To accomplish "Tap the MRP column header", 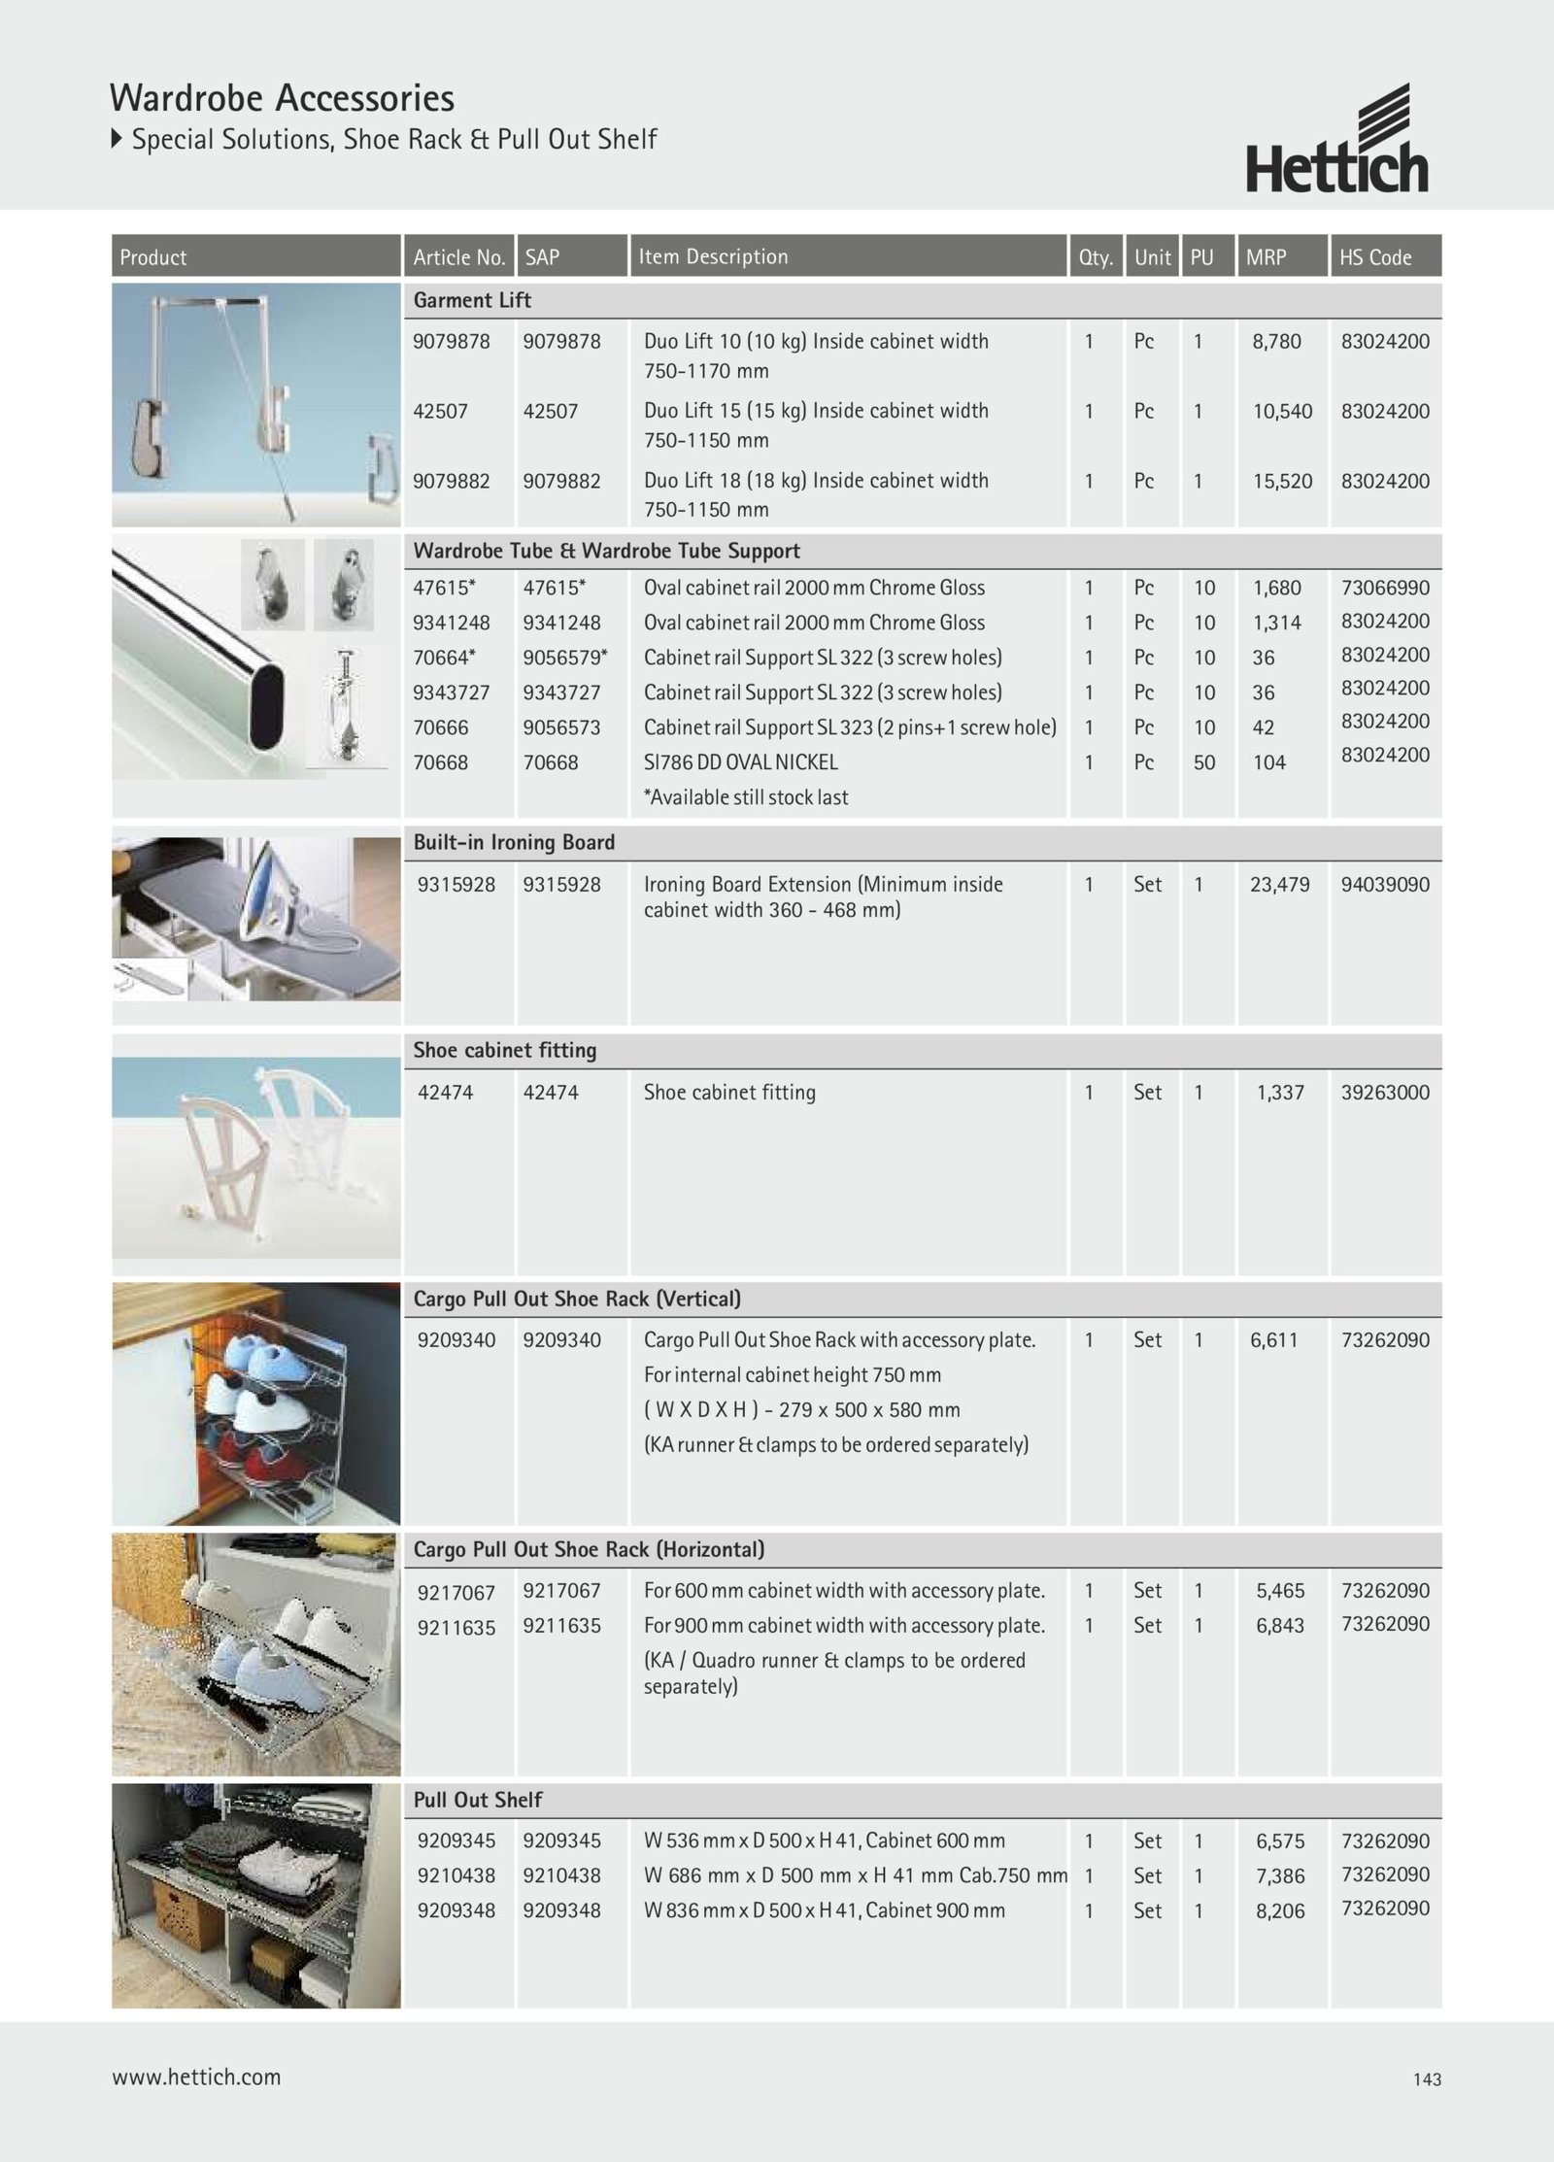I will click(1266, 257).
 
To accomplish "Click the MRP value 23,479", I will click(1279, 885).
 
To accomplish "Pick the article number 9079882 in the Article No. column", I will click(452, 481).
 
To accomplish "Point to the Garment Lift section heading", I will click(472, 300).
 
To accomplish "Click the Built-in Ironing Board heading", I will click(514, 842).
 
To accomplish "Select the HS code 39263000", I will click(1385, 1092).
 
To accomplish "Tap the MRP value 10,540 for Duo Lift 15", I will click(1282, 411).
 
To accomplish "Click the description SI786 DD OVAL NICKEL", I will click(740, 762).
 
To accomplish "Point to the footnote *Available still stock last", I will click(745, 797).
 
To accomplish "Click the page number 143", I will click(1427, 2079).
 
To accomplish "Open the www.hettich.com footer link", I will click(196, 2078).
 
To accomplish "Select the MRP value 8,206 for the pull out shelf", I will click(1280, 1910).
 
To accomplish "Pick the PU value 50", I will click(1204, 762).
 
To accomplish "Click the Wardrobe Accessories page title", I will click(282, 98).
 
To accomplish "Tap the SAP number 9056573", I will click(561, 727).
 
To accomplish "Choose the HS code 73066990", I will click(1385, 588).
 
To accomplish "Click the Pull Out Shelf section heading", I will click(478, 1800).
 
